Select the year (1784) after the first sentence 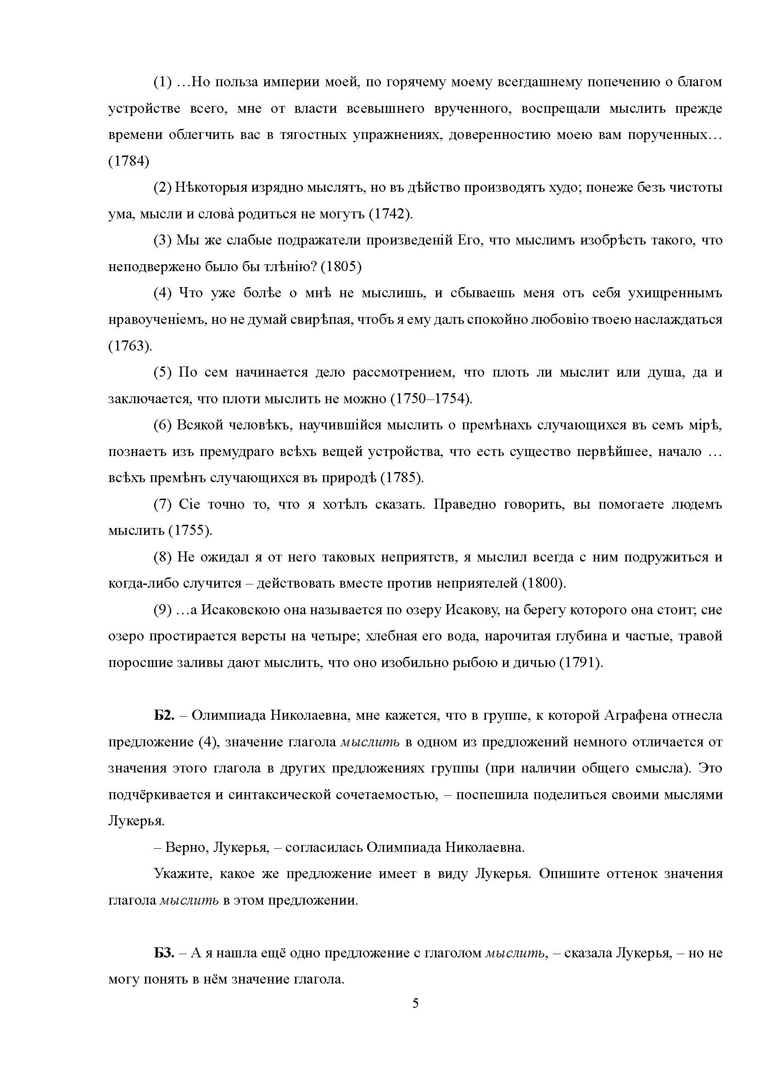[128, 161]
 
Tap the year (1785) [402, 478]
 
